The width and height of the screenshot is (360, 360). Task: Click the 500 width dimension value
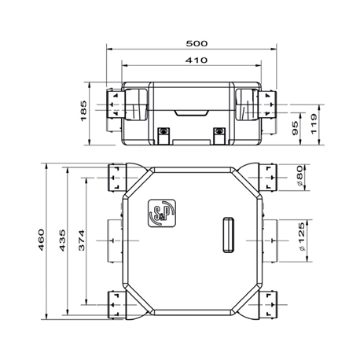click(196, 44)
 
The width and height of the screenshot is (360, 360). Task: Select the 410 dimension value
click(196, 60)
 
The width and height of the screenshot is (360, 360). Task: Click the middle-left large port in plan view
click(108, 240)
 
